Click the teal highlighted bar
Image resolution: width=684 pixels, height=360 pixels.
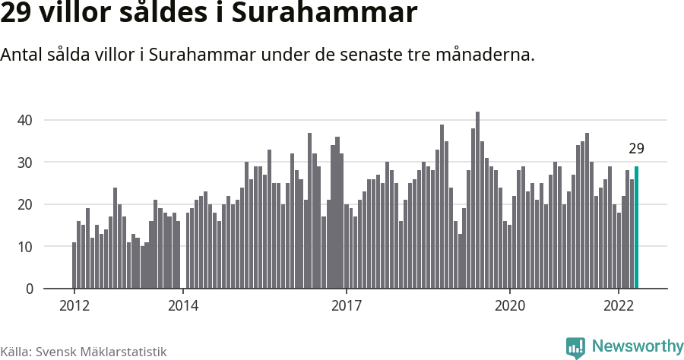point(636,228)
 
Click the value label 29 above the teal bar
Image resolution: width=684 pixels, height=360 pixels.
point(636,149)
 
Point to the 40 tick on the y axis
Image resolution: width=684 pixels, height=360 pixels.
point(25,120)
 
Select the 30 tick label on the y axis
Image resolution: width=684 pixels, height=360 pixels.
point(25,163)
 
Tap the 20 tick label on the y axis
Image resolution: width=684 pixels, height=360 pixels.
point(25,204)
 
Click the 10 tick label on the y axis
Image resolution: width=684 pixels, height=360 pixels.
point(25,247)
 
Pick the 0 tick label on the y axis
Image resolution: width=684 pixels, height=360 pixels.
point(30,289)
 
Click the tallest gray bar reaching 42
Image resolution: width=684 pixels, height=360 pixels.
point(477,201)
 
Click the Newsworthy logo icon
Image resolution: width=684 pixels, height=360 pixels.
point(575,348)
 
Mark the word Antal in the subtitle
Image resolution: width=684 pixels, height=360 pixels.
point(21,55)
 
